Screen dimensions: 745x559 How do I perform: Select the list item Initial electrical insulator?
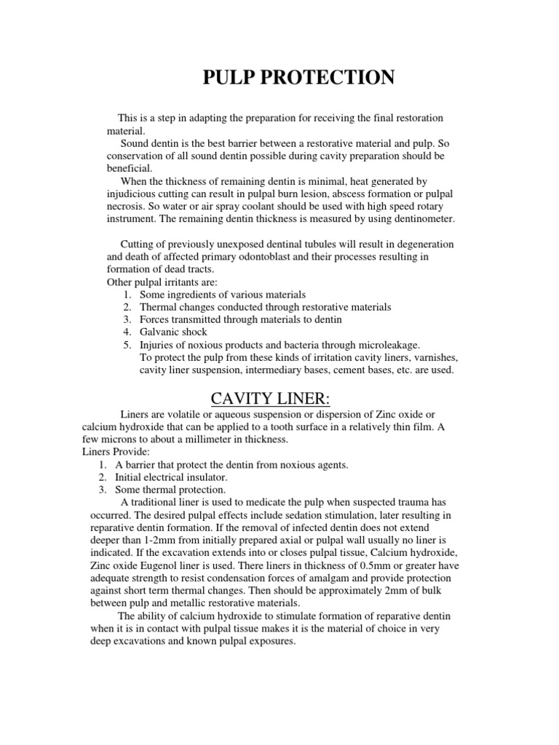(171, 477)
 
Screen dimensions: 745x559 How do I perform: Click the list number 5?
(127, 345)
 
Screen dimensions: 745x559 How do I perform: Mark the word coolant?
(214, 206)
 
